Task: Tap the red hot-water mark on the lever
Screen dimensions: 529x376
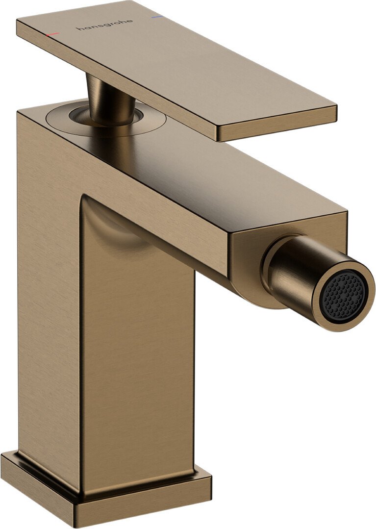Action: tap(52, 35)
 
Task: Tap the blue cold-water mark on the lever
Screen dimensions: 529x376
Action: tap(157, 17)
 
